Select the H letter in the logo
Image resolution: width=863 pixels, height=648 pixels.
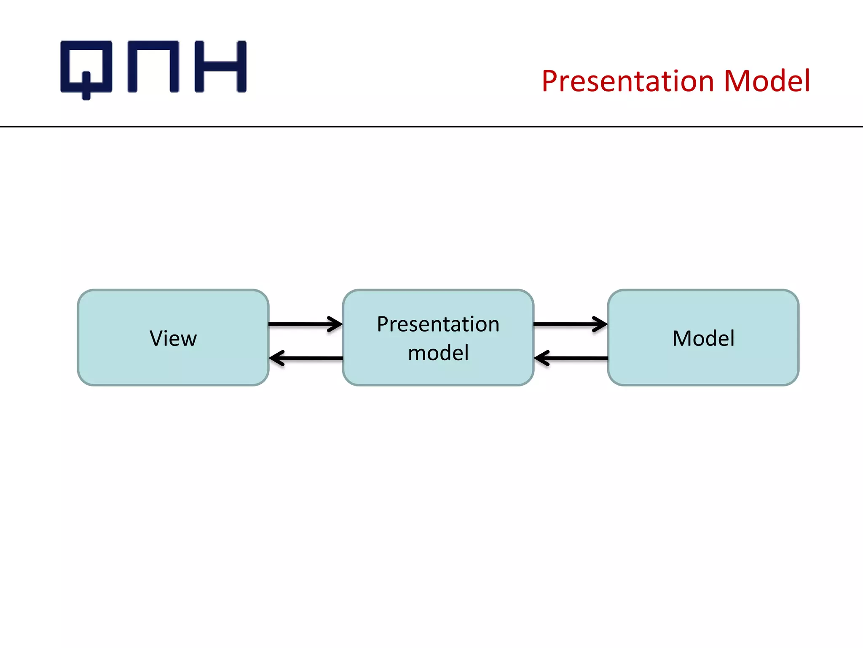click(x=220, y=66)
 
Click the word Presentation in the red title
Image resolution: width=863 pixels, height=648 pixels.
click(x=627, y=81)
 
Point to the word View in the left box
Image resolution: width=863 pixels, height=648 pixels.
click(x=173, y=338)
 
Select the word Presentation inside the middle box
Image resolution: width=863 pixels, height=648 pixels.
click(x=438, y=324)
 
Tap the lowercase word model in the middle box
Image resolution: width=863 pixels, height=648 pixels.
click(x=438, y=353)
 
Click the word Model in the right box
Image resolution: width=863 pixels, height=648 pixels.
click(x=703, y=338)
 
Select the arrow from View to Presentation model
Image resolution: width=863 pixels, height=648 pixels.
click(x=303, y=324)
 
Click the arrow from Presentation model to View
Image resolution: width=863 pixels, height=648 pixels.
click(x=308, y=358)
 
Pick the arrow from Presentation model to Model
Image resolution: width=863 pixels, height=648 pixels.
click(x=569, y=324)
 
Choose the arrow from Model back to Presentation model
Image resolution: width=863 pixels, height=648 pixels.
click(x=573, y=358)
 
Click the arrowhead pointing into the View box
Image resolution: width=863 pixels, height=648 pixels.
click(x=276, y=358)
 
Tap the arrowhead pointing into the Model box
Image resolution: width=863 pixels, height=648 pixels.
click(x=600, y=324)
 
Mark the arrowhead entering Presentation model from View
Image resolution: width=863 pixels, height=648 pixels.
click(x=335, y=324)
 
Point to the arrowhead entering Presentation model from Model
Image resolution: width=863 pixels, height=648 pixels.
click(x=541, y=358)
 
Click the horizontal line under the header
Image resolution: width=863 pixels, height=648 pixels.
click(x=431, y=126)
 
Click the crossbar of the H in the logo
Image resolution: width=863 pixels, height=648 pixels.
click(x=220, y=66)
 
